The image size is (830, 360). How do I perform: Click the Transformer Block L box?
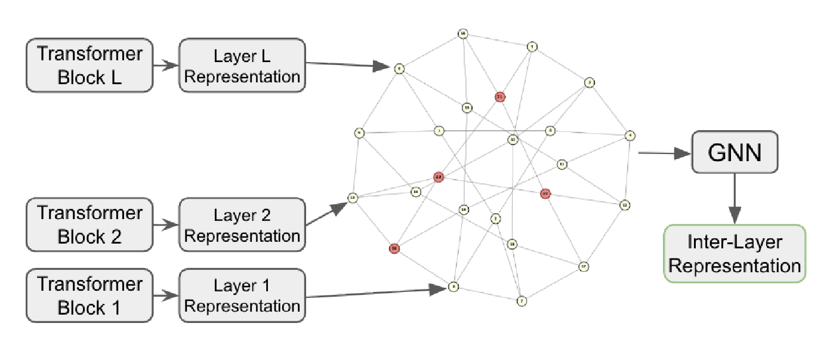tap(90, 66)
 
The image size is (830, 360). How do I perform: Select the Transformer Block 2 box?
tap(90, 224)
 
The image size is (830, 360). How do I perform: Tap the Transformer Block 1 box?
tap(90, 296)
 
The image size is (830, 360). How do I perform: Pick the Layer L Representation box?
tap(242, 66)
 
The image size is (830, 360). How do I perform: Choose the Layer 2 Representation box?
tap(242, 224)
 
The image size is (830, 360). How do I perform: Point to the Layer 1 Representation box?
tap(242, 296)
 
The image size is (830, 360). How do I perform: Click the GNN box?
tap(735, 152)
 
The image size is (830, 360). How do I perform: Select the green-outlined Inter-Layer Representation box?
tap(735, 253)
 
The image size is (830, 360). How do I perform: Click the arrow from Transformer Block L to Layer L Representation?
tap(165, 66)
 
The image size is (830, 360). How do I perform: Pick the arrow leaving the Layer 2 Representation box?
tap(326, 215)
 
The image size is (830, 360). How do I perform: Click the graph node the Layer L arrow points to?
tap(399, 68)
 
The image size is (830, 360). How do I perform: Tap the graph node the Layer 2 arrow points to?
tap(353, 198)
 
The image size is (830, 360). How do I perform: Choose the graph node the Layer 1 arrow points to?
tap(453, 287)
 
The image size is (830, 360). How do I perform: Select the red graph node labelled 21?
tap(499, 96)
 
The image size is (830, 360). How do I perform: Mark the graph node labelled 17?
tap(584, 266)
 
